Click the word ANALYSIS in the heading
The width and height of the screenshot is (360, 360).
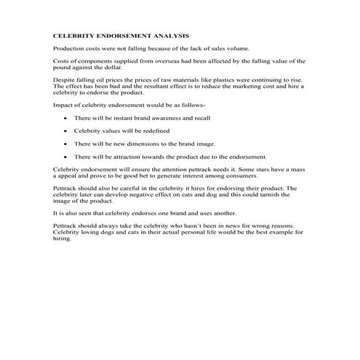click(169, 35)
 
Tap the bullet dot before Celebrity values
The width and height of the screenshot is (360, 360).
click(65, 131)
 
